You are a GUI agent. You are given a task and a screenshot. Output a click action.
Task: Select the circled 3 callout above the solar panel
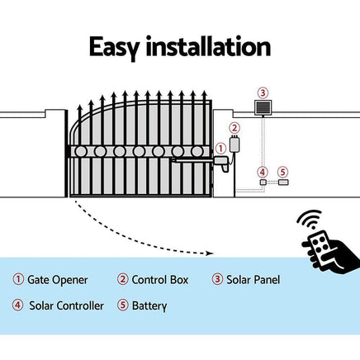(x=263, y=92)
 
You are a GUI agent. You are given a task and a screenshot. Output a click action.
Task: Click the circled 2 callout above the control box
(x=234, y=128)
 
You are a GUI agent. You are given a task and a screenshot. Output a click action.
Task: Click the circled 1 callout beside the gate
(x=220, y=149)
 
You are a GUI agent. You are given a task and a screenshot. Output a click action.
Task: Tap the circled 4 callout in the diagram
(x=263, y=173)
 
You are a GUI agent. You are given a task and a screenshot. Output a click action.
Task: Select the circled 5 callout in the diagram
(x=282, y=173)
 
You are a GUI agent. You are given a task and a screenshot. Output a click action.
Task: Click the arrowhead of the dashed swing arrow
(x=211, y=253)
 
